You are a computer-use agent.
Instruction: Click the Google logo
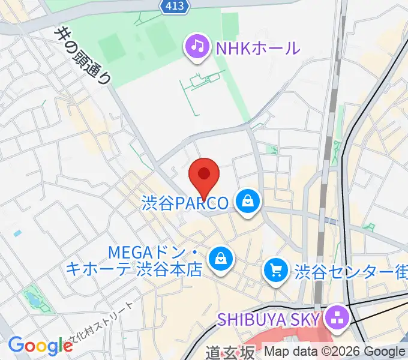click(x=40, y=345)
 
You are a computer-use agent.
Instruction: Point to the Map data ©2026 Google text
click(x=335, y=352)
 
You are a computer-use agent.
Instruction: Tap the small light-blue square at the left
click(x=17, y=232)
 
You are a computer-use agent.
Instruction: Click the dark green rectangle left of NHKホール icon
click(x=110, y=45)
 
